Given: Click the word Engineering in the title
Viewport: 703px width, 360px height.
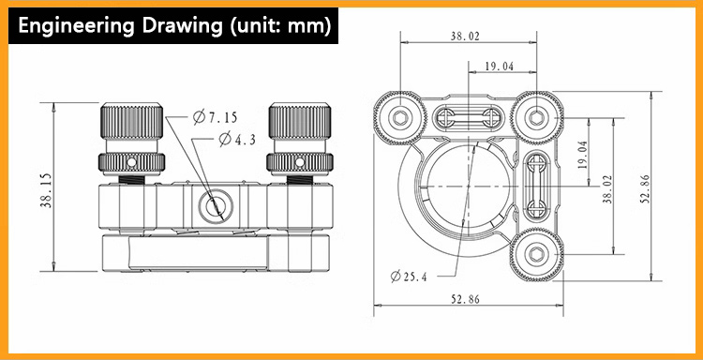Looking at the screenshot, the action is [75, 25].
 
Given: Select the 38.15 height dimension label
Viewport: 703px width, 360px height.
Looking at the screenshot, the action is [47, 190].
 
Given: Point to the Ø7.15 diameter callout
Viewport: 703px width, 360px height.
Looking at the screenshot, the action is [216, 117].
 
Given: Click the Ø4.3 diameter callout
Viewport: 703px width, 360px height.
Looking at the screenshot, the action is [237, 139].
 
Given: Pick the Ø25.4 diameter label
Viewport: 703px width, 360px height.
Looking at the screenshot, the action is [409, 277].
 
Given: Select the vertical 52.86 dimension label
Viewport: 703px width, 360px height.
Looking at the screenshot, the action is [646, 188].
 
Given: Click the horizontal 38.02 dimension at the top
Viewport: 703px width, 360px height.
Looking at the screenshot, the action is [465, 37].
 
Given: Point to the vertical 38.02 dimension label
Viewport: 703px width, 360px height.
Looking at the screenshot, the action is [607, 188].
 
